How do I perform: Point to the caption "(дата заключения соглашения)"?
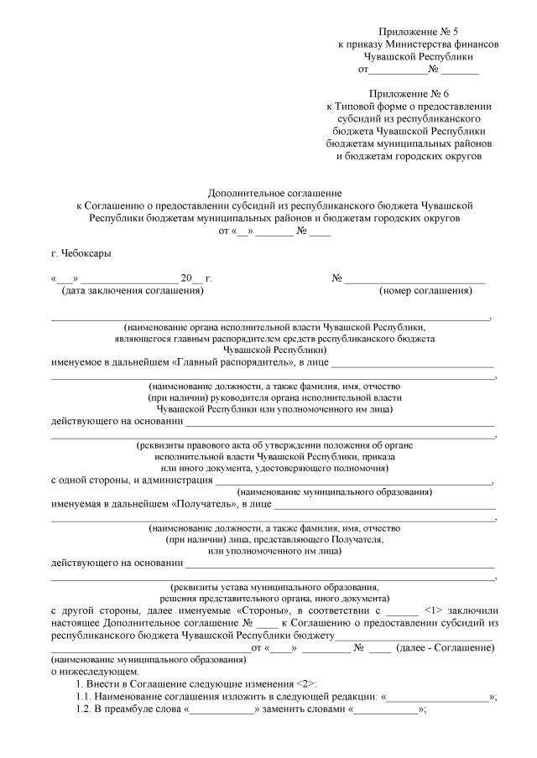pyautogui.click(x=133, y=290)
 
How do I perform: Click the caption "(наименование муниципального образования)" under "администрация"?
pyautogui.click(x=335, y=492)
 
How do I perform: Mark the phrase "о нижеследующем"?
pyautogui.click(x=87, y=672)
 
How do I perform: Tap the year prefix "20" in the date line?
pyautogui.click(x=186, y=278)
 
